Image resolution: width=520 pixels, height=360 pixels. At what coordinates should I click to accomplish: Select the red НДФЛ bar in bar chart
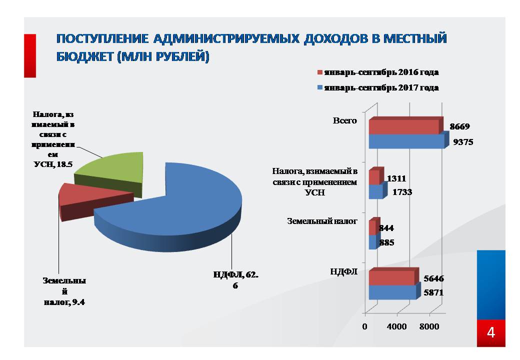pyautogui.click(x=391, y=277)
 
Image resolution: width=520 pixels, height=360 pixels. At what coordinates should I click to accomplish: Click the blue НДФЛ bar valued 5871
pyautogui.click(x=392, y=292)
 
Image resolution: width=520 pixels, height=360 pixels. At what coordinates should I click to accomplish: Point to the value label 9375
pyautogui.click(x=463, y=142)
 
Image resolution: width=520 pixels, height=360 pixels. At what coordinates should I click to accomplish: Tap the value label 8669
pyautogui.click(x=460, y=126)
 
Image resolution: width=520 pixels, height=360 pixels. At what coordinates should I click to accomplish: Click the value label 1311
pyautogui.click(x=396, y=178)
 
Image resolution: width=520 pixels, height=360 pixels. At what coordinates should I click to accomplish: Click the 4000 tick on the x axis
pyautogui.click(x=397, y=326)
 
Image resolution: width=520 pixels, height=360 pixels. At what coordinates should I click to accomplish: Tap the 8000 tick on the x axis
pyautogui.click(x=429, y=326)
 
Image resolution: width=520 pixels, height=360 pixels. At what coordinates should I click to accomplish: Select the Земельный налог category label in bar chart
pyautogui.click(x=322, y=220)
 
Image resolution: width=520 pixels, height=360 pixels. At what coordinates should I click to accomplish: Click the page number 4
pyautogui.click(x=491, y=332)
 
